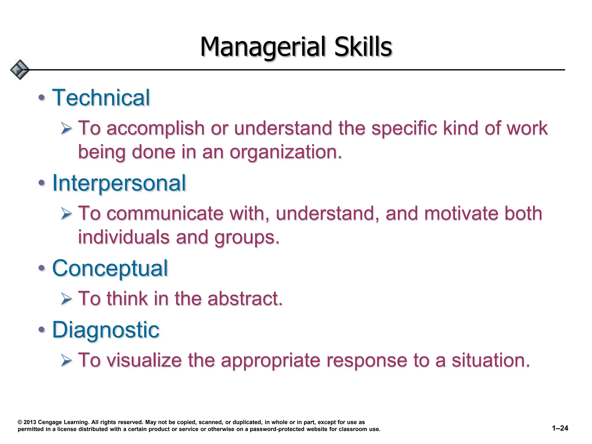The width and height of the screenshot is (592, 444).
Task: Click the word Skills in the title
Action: pyautogui.click(x=363, y=47)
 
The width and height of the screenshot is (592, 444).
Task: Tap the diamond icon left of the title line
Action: pyautogui.click(x=20, y=70)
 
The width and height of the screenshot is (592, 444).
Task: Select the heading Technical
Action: pyautogui.click(x=101, y=98)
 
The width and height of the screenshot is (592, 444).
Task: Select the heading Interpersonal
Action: pyautogui.click(x=119, y=183)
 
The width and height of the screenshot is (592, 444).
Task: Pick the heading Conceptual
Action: pyautogui.click(x=110, y=268)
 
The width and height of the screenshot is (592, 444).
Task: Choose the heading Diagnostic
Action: pyautogui.click(x=106, y=330)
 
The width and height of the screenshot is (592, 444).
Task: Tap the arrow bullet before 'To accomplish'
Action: pyautogui.click(x=66, y=128)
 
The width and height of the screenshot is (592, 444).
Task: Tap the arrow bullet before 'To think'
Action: pyautogui.click(x=66, y=299)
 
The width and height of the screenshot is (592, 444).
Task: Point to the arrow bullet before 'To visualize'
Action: pyautogui.click(x=66, y=360)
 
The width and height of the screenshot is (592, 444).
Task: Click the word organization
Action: pyautogui.click(x=286, y=152)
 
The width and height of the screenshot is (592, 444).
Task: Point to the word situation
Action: pyautogui.click(x=491, y=360)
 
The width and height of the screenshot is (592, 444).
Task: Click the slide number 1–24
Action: pyautogui.click(x=560, y=428)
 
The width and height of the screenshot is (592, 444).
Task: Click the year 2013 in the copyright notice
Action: pyautogui.click(x=30, y=422)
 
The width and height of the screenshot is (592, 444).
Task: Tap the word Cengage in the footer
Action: pyautogui.click(x=50, y=422)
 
